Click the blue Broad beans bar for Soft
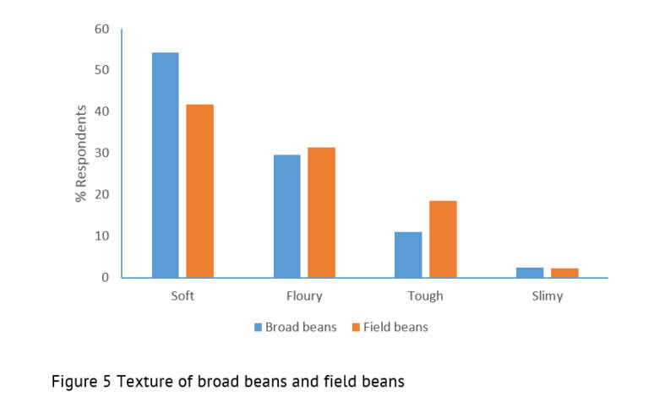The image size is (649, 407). click(x=165, y=165)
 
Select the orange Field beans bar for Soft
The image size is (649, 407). click(x=199, y=191)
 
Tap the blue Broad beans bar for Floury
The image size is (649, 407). click(x=286, y=216)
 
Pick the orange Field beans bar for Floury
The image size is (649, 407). click(x=321, y=213)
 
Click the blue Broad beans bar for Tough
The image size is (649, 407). click(x=408, y=254)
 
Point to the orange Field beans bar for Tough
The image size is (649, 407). click(x=443, y=239)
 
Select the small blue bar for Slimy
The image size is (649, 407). click(x=530, y=272)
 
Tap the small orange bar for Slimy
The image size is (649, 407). click(x=564, y=273)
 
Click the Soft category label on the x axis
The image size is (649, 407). click(x=183, y=296)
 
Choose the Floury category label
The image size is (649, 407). click(x=304, y=296)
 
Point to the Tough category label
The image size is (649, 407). click(x=425, y=296)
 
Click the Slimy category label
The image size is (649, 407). click(x=547, y=296)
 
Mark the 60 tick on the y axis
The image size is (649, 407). click(x=101, y=29)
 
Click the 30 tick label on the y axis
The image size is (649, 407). click(x=101, y=153)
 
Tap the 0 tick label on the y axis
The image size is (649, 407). click(x=106, y=277)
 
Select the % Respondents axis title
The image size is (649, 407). click(x=81, y=153)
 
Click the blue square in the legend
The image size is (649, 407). click(x=258, y=327)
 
